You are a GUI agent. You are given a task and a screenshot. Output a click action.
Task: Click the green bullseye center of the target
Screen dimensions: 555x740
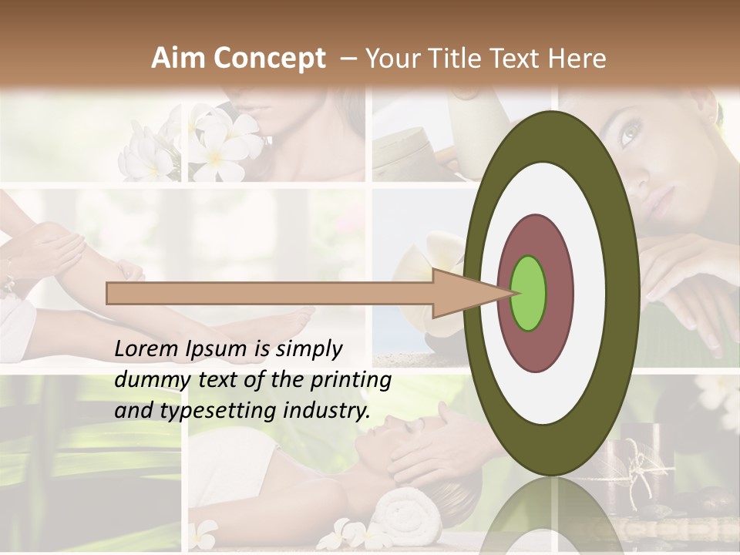coord(529,294)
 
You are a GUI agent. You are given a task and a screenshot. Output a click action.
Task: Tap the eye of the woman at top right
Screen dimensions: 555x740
coord(628,135)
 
